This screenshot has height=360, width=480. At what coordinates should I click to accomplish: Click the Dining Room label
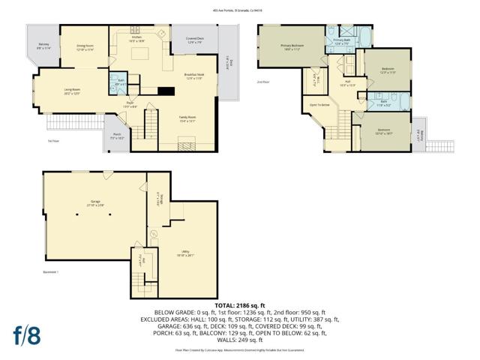click(x=84, y=48)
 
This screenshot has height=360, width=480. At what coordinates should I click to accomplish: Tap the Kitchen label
click(x=137, y=38)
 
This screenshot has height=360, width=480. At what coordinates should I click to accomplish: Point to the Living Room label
click(x=72, y=91)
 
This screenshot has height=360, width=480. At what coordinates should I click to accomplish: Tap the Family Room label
click(x=187, y=118)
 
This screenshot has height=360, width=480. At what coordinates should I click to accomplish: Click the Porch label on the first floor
click(x=116, y=136)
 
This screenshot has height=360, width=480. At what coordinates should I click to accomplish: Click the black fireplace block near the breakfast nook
click(x=165, y=91)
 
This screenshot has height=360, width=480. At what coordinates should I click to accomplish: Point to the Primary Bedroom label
click(x=292, y=48)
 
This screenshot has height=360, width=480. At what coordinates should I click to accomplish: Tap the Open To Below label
click(x=320, y=105)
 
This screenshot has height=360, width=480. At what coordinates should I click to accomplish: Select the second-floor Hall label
click(x=348, y=83)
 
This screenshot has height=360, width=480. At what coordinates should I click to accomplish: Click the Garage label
click(x=94, y=202)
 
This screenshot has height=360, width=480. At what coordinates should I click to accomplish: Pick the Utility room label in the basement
click(x=184, y=253)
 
